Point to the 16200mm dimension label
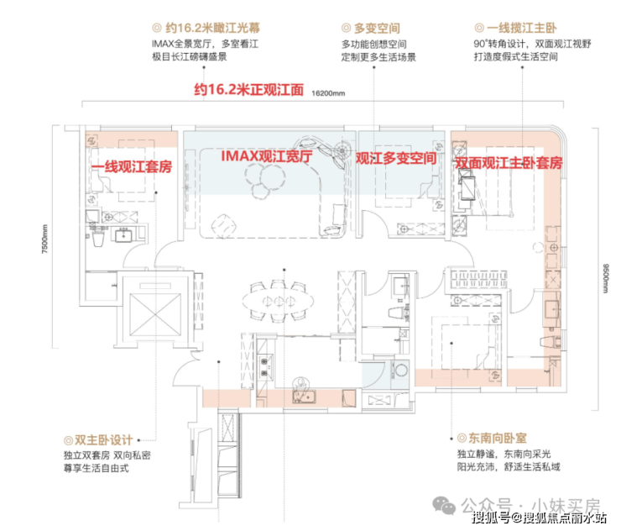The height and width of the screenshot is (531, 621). (328, 92)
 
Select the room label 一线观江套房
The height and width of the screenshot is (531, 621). (131, 167)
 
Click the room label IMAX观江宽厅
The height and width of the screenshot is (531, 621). (266, 156)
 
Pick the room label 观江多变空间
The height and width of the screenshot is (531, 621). (396, 158)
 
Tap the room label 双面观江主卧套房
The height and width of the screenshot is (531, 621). (508, 163)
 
